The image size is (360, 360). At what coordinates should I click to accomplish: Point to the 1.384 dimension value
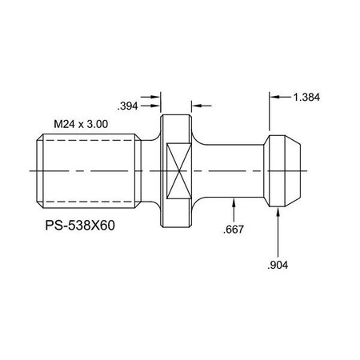pos(309,96)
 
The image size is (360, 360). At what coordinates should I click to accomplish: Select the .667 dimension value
pos(234,230)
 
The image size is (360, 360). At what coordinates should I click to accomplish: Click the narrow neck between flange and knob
pos(232,170)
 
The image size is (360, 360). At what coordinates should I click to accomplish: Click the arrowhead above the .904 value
pos(278,212)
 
